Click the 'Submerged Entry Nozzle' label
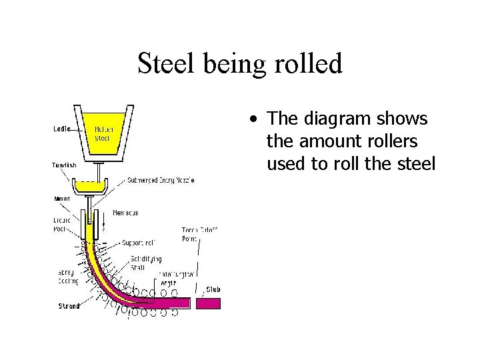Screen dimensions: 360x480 tap(159, 181)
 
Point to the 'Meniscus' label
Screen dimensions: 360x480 tap(125, 212)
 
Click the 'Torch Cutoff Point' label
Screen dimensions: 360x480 tap(199, 234)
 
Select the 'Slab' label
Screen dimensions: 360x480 tap(213, 289)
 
